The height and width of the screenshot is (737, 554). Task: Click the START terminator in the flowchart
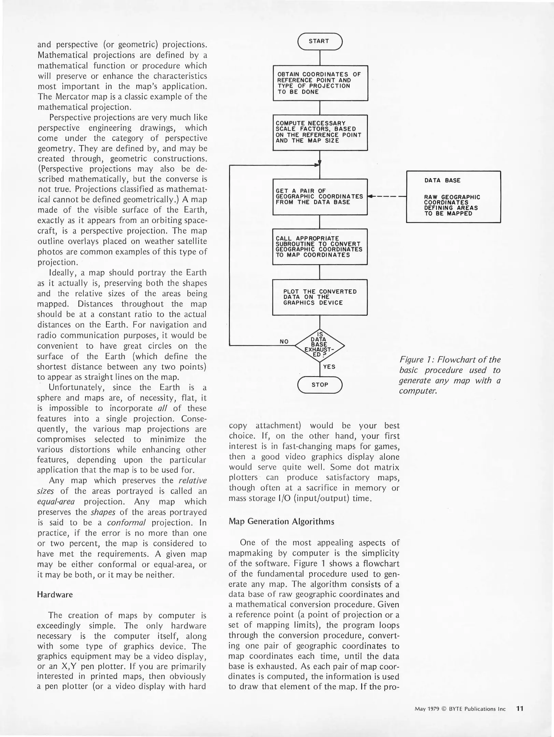(319, 41)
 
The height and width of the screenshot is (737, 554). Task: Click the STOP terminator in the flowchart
(319, 385)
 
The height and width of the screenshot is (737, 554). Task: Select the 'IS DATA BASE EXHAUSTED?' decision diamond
(319, 345)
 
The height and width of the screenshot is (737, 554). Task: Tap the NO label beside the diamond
(284, 342)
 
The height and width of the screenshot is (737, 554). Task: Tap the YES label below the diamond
(329, 367)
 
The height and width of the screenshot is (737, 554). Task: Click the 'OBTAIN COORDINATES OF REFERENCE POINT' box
(320, 83)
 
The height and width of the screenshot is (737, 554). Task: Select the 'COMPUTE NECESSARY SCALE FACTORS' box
(320, 132)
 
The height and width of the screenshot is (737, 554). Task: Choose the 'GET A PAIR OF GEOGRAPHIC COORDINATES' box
(319, 197)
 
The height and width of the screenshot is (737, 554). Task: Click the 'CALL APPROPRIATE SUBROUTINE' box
(319, 246)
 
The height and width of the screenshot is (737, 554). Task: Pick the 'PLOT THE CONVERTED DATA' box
(319, 297)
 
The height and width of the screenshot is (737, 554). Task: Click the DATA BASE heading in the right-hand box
(442, 180)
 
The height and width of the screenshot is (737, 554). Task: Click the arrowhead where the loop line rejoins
(317, 165)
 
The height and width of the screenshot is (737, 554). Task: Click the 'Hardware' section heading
(55, 595)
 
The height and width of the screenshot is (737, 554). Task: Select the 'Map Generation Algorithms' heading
(281, 521)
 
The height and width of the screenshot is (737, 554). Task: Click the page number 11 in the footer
(520, 708)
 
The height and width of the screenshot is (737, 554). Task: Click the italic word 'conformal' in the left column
(126, 523)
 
